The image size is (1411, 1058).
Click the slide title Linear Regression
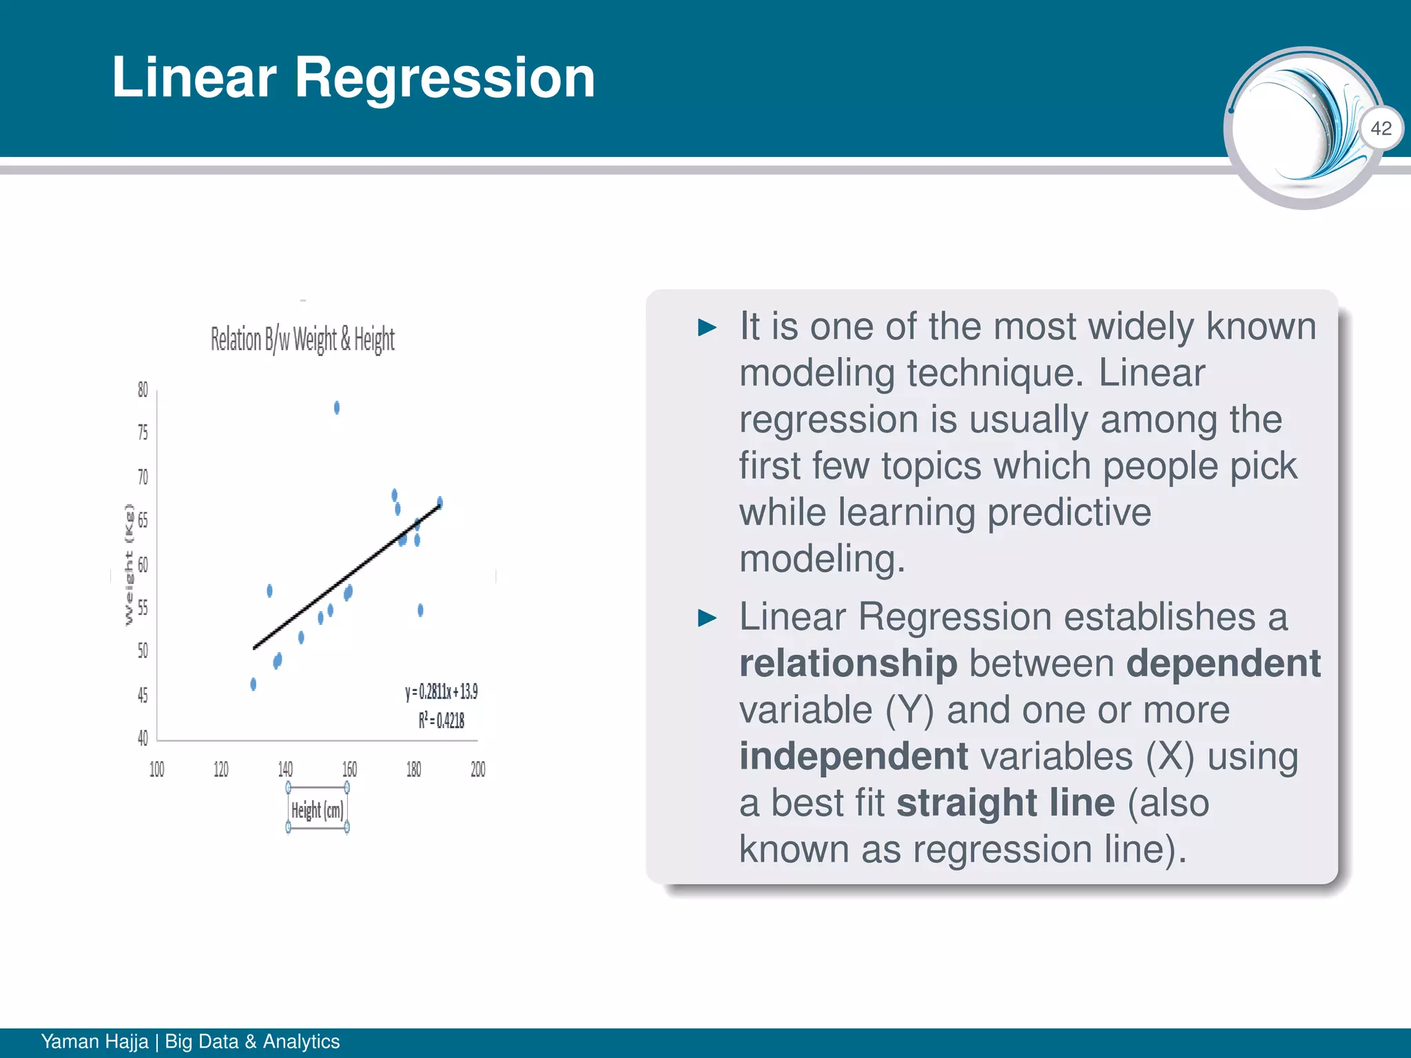[353, 78]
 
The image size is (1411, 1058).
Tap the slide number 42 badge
[1381, 128]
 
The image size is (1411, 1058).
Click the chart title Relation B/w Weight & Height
[302, 340]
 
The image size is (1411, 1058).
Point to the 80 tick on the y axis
[143, 390]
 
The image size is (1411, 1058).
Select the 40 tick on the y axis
[143, 738]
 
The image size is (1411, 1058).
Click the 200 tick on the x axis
[478, 769]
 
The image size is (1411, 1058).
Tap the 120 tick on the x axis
[220, 769]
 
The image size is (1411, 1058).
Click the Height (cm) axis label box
[317, 810]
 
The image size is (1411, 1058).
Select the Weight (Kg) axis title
[129, 565]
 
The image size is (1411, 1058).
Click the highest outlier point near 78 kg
[337, 408]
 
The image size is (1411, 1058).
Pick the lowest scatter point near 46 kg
[254, 684]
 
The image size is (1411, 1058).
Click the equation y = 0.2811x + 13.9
[441, 692]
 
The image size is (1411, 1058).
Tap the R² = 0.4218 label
[441, 720]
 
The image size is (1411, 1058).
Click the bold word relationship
[848, 663]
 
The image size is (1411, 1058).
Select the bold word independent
[854, 756]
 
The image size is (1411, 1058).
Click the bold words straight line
[1005, 802]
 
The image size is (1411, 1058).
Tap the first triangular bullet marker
[707, 327]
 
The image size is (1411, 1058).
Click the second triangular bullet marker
[707, 618]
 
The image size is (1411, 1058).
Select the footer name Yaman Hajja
[94, 1041]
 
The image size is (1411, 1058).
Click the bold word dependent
[1223, 663]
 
